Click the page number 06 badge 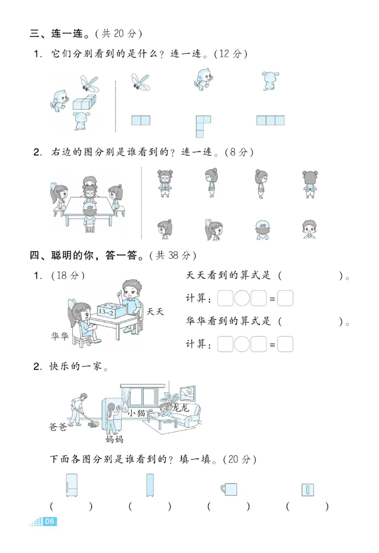point(50,522)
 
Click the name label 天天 point(154,311)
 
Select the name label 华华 point(61,335)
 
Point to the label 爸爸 point(58,426)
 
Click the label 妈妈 point(114,439)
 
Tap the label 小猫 point(136,413)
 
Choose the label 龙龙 point(180,408)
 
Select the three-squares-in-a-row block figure point(271,120)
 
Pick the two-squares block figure point(141,120)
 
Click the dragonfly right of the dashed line point(141,82)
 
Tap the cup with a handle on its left point(229,489)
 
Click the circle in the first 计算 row point(242,299)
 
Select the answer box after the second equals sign point(285,344)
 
